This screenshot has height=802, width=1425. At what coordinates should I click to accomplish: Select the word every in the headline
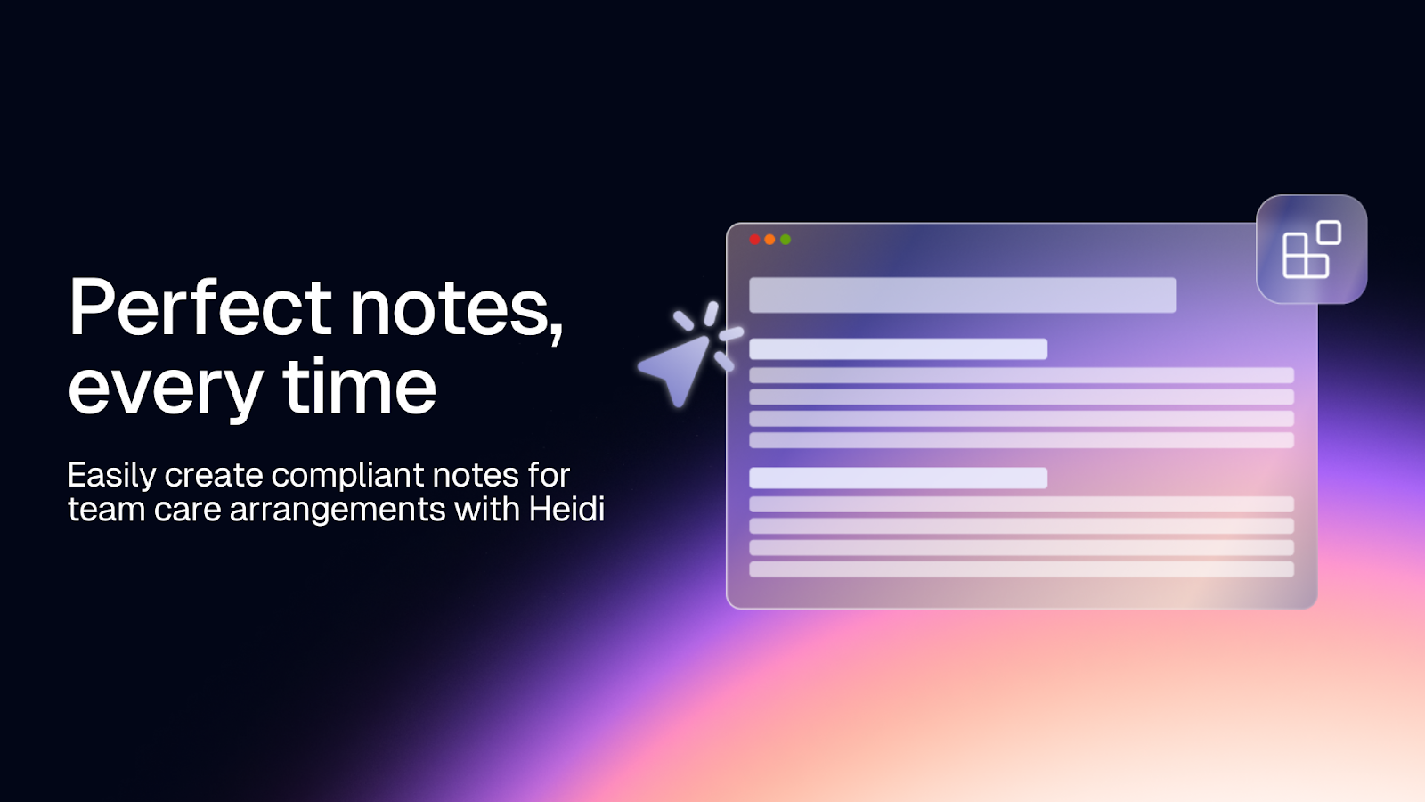coord(165,389)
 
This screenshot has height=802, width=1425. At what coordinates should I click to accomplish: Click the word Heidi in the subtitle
coord(566,509)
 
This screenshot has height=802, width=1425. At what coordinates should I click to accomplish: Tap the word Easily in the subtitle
coord(111,476)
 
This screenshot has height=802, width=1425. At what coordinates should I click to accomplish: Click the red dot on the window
coord(755,240)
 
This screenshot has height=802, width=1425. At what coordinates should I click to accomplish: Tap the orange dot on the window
coord(770,240)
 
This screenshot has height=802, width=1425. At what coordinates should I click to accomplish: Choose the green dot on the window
coord(786,240)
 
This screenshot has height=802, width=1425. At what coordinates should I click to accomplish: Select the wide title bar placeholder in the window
coord(962,295)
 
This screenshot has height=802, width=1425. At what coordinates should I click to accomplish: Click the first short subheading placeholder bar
coord(898,348)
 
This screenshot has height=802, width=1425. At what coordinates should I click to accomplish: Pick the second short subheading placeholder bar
coord(898,478)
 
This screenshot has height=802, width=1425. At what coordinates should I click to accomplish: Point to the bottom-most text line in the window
coord(1021,569)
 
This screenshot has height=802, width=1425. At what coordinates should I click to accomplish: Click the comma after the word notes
coord(558,334)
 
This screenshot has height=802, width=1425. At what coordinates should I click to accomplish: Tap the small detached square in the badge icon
coord(1329,233)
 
